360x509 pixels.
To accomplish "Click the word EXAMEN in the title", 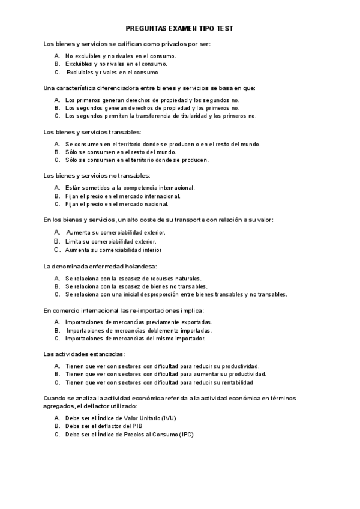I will (179, 28).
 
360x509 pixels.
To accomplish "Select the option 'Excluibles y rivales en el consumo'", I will (112, 72).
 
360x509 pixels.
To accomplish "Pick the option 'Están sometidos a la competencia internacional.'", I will (130, 188).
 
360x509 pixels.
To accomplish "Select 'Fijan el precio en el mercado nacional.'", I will (116, 203).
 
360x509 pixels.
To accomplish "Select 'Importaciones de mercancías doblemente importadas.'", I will (138, 330).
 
